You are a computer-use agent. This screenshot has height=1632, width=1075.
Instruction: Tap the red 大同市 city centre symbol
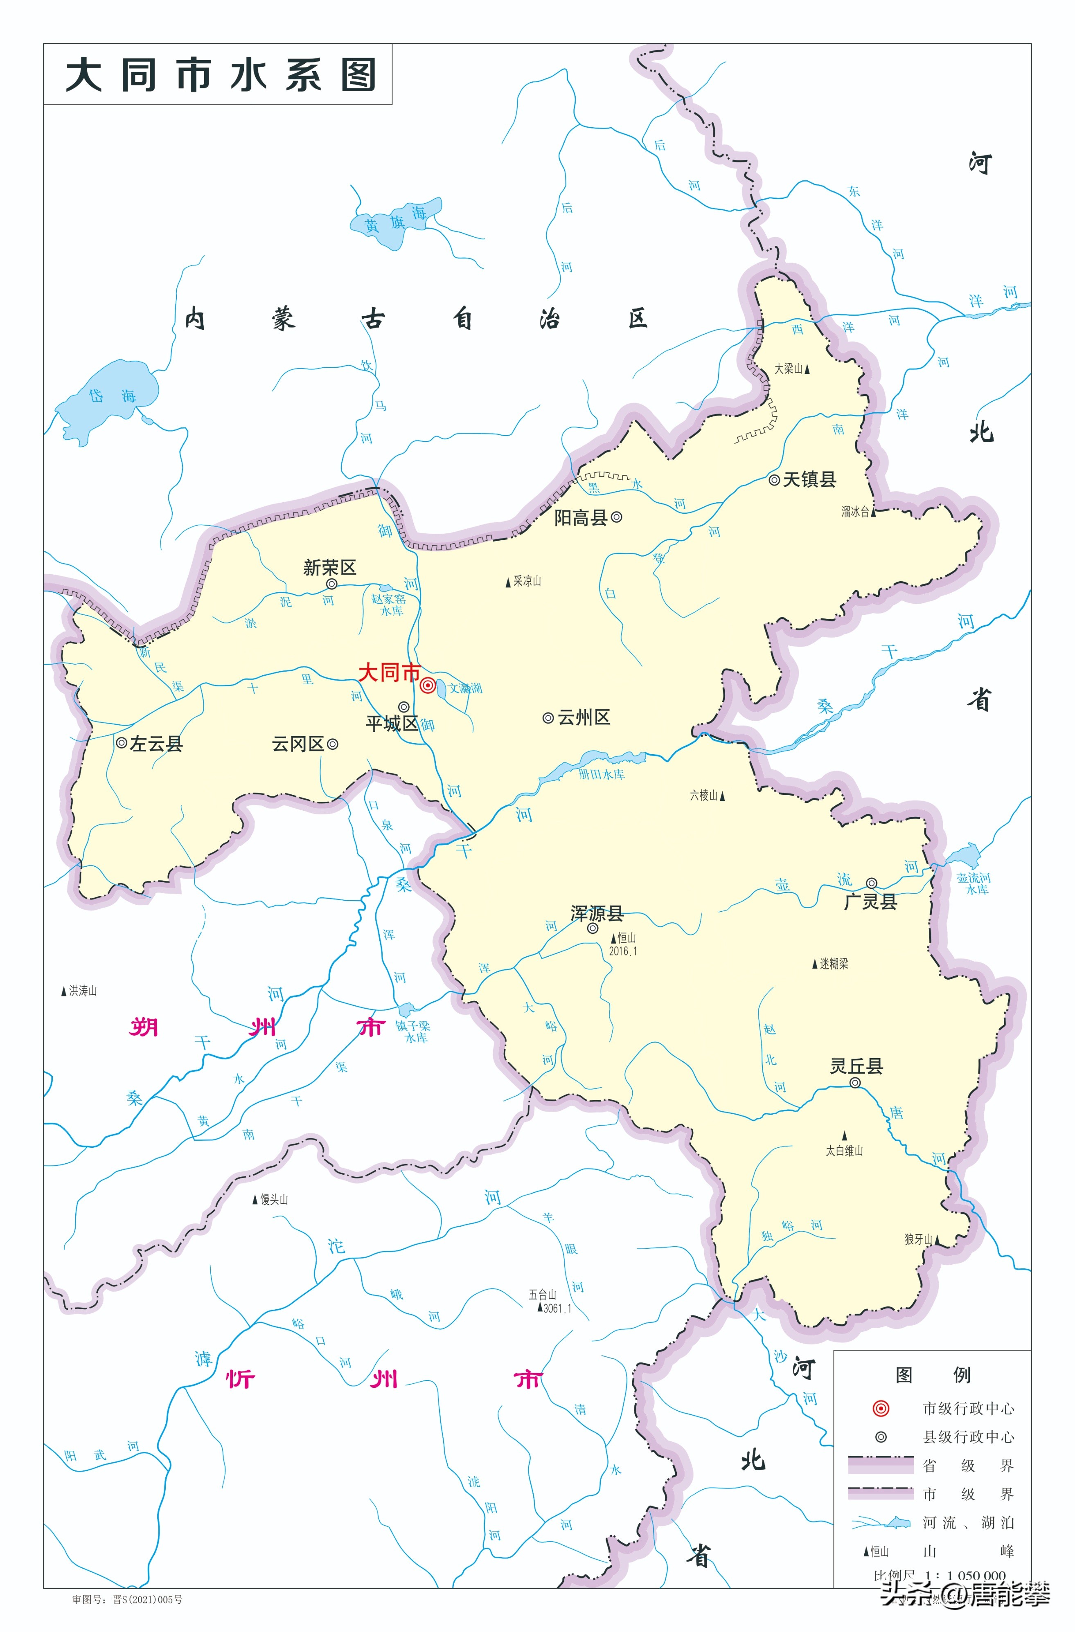(427, 685)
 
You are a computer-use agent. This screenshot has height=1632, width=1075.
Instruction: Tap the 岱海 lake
(110, 398)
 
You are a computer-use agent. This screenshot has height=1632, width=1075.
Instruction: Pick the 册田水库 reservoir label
(601, 774)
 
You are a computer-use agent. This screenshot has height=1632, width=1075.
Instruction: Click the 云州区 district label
(584, 718)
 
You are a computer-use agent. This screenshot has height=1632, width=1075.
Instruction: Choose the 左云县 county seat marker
(122, 743)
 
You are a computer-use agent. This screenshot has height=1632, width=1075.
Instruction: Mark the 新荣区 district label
(329, 568)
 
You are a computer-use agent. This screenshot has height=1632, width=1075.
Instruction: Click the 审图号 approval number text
(128, 1600)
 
